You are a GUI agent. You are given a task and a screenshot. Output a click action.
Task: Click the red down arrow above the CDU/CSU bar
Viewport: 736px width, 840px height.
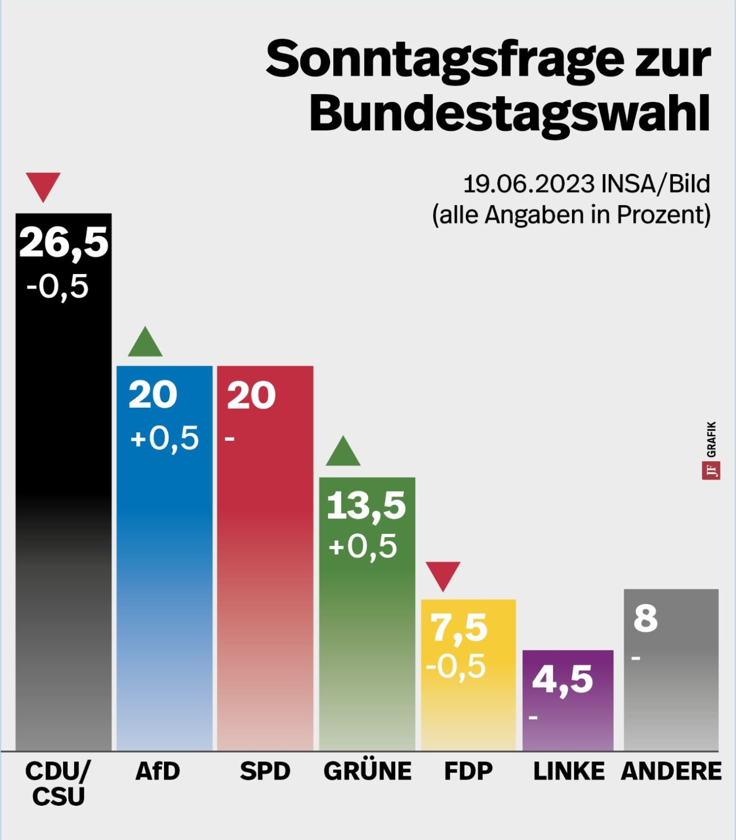(43, 185)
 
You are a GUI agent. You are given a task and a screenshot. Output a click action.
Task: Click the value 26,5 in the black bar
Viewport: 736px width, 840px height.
(64, 242)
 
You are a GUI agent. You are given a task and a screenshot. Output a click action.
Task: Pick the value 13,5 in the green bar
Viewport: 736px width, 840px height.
(366, 505)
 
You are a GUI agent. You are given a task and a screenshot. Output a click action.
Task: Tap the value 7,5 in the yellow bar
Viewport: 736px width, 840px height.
(459, 627)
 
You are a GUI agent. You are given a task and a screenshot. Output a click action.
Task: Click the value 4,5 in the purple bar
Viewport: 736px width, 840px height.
(562, 680)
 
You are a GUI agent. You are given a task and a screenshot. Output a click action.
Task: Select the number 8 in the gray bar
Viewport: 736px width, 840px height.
(645, 618)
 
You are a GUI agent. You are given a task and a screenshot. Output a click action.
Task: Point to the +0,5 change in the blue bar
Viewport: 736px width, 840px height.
(165, 438)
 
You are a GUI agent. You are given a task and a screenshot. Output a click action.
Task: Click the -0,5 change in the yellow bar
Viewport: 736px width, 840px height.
(456, 666)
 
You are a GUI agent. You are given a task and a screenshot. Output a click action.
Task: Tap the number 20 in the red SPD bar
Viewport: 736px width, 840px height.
(251, 395)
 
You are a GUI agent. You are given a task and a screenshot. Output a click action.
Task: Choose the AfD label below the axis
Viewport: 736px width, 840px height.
(158, 771)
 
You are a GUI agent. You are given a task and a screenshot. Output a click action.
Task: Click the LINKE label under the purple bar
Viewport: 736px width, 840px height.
(569, 771)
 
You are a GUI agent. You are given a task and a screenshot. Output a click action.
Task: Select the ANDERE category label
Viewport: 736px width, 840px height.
(671, 771)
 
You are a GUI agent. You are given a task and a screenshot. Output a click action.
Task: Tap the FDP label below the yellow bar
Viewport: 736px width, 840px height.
(468, 771)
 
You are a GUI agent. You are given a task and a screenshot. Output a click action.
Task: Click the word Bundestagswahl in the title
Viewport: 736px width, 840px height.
(510, 113)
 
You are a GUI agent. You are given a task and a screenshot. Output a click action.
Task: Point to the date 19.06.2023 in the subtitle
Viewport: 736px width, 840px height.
(528, 184)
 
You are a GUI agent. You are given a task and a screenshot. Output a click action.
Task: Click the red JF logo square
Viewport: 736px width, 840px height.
(711, 471)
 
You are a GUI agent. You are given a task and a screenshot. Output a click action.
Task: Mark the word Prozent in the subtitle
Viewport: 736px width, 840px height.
(663, 215)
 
